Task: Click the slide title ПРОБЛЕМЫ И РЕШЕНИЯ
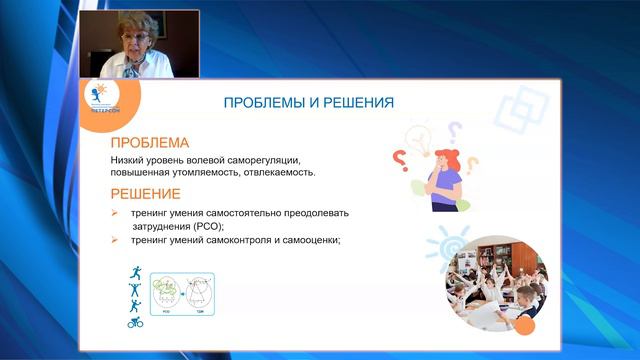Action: (x=307, y=102)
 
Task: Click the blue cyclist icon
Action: (x=134, y=322)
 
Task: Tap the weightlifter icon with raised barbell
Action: (x=134, y=289)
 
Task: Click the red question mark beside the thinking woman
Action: (x=399, y=158)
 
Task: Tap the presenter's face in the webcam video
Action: (x=134, y=36)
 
